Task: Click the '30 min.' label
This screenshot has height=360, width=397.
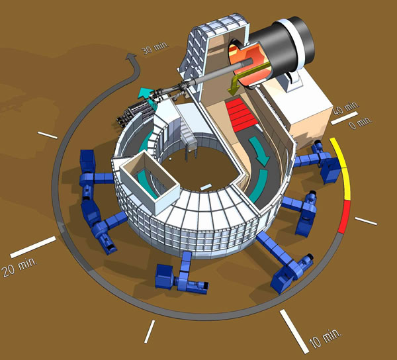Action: (x=155, y=48)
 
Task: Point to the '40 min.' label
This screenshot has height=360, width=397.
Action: (x=345, y=108)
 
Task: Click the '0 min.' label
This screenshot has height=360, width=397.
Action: (x=361, y=122)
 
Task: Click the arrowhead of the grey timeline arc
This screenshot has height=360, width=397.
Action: (x=132, y=58)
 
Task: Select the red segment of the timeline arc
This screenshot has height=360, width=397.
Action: (x=345, y=216)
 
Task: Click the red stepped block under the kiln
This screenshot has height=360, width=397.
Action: (x=241, y=114)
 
